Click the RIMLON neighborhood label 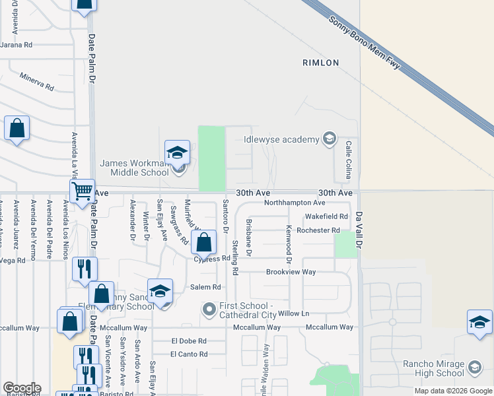(x=320, y=63)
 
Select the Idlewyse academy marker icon (x=329, y=139)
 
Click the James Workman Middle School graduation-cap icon (x=177, y=153)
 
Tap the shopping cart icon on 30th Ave (x=83, y=191)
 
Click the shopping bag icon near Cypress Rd (x=204, y=242)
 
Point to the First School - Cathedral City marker (x=209, y=309)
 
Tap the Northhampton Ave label (x=295, y=203)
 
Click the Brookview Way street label (x=291, y=272)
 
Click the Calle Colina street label (x=347, y=159)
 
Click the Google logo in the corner (x=22, y=388)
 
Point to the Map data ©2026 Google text (x=453, y=391)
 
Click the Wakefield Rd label (x=326, y=216)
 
